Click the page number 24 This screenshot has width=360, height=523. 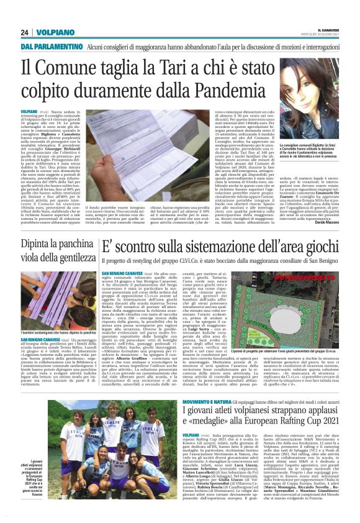[25, 32]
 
